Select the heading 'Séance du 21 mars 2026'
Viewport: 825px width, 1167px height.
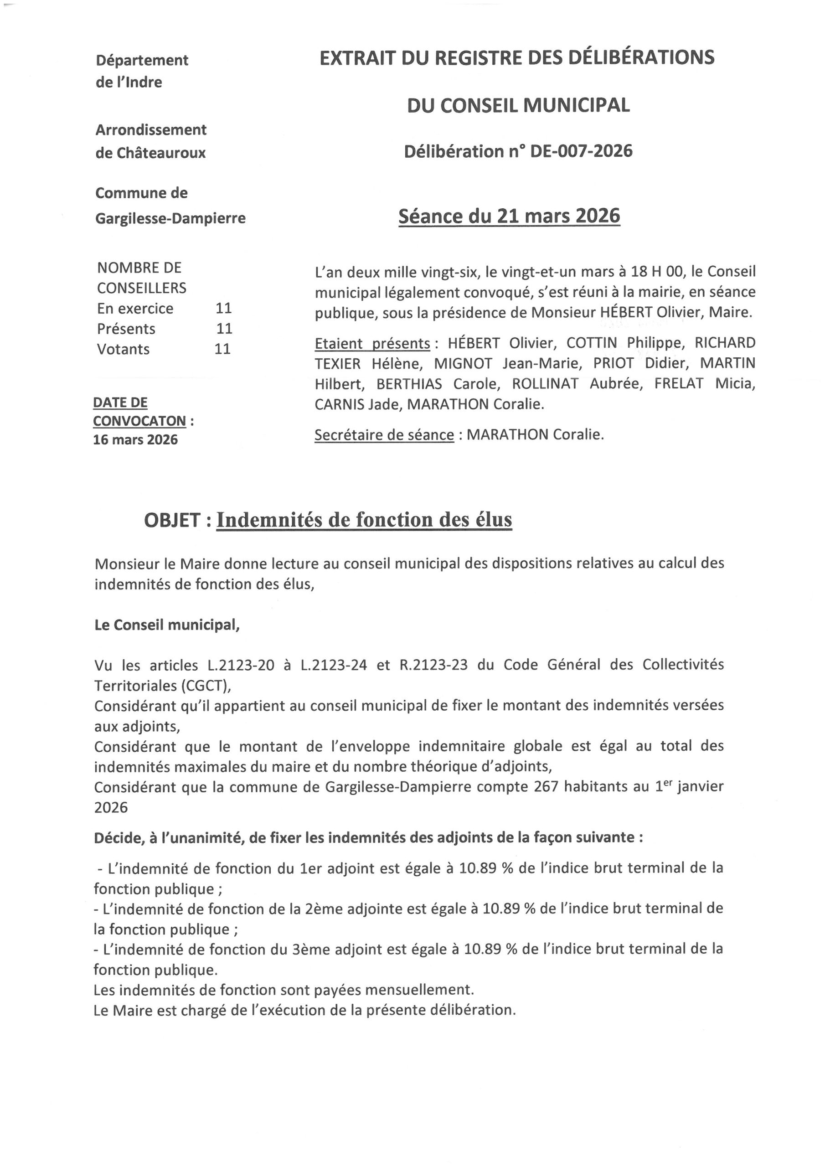tap(509, 216)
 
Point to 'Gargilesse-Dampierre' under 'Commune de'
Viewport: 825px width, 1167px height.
tap(170, 218)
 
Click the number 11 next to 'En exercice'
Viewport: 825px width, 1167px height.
tap(224, 308)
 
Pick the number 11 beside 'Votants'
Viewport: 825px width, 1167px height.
tap(222, 349)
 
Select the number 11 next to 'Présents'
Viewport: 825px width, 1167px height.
tap(224, 328)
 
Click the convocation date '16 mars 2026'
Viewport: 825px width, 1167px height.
tap(135, 439)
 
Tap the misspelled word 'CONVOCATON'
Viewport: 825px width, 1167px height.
tap(139, 421)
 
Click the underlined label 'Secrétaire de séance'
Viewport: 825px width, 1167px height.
tap(384, 435)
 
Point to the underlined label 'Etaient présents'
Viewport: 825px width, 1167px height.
tap(372, 344)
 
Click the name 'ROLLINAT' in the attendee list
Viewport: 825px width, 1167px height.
tap(545, 384)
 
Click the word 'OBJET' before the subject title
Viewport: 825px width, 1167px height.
tap(172, 520)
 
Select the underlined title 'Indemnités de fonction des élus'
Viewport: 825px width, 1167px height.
tap(364, 520)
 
